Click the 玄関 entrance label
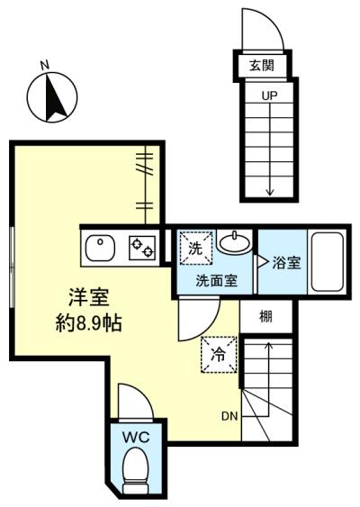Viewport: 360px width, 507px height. point(262,66)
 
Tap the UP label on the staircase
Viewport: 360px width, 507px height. point(269,95)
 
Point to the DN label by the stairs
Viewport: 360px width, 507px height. point(229,416)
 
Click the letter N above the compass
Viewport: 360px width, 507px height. point(45,66)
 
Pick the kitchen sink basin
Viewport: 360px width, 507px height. point(100,248)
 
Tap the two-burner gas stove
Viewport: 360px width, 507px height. point(142,248)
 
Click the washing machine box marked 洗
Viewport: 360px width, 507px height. point(196,248)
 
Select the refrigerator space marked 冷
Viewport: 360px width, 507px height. point(220,355)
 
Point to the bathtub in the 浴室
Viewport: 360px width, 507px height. point(327,262)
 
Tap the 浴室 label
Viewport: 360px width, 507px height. point(286,263)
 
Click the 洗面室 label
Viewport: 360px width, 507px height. point(217,280)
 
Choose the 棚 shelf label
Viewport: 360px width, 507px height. point(266,317)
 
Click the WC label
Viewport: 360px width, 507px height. point(136,438)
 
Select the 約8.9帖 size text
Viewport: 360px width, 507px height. point(88,322)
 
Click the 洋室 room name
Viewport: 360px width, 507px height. point(89,297)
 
